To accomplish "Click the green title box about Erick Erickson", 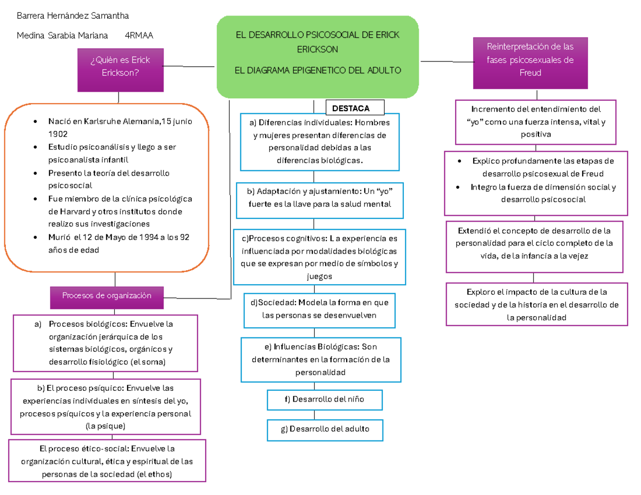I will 317,57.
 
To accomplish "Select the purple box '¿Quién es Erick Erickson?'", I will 120,66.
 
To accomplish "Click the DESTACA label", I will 350,108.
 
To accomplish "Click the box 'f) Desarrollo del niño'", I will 325,399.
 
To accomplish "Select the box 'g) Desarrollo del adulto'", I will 325,429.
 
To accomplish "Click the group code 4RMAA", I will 138,36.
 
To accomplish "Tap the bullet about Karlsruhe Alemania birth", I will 120,127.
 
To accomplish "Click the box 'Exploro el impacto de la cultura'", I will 536,305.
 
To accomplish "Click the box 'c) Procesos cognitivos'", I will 319,256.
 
